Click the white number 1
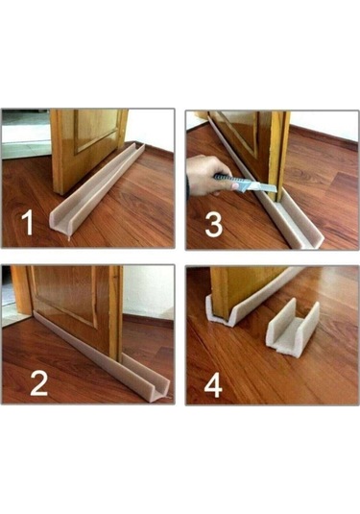[x=28, y=223]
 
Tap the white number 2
[x=39, y=383]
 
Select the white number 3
[x=213, y=225]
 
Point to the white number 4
[x=213, y=386]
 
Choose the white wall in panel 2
[x=148, y=291]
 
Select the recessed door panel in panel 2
[x=65, y=293]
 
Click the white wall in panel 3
[x=324, y=126]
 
